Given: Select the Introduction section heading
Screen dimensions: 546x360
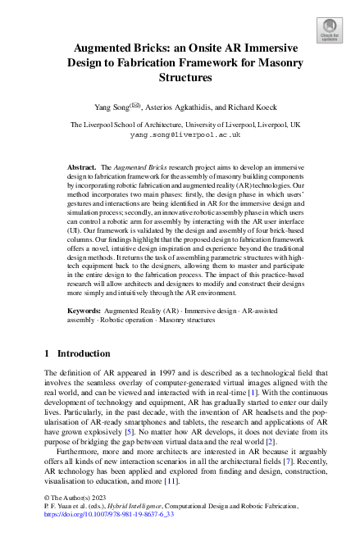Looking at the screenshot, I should pos(83,376).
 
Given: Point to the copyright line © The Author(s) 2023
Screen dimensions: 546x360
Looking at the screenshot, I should pos(75,521).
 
